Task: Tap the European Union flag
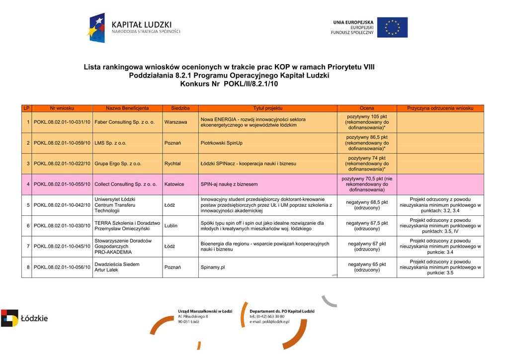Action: (x=392, y=28)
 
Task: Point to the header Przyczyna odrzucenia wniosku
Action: (x=440, y=108)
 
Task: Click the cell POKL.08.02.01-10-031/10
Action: (x=62, y=122)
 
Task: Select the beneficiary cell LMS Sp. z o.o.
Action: (x=110, y=143)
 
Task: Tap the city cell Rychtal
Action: (x=172, y=164)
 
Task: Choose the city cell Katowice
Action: (x=174, y=184)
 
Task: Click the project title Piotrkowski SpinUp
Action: (x=221, y=143)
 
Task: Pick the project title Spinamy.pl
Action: (x=213, y=267)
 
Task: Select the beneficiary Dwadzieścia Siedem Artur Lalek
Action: (x=117, y=267)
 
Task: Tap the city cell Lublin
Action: (x=171, y=226)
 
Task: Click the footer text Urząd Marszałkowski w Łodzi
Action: (x=205, y=311)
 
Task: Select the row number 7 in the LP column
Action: (x=28, y=247)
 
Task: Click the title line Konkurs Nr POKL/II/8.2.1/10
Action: (x=229, y=84)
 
